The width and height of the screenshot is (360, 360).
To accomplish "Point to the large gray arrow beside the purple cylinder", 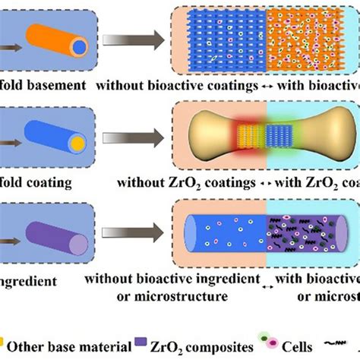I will pyautogui.click(x=128, y=231).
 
